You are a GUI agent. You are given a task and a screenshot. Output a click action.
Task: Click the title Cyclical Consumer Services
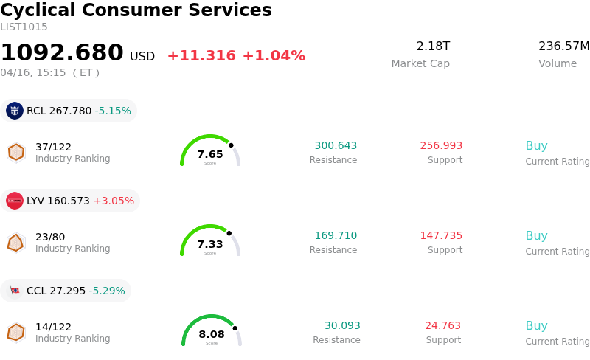point(136,10)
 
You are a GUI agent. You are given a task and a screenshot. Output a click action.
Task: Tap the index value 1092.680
point(62,53)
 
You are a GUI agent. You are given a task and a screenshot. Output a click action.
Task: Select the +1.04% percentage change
point(274,56)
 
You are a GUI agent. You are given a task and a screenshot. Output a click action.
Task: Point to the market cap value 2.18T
point(433,46)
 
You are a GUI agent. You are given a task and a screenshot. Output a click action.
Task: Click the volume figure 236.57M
point(563,46)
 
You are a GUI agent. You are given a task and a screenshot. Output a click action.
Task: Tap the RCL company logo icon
point(15,111)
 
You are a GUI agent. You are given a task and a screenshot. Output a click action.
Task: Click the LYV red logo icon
point(15,201)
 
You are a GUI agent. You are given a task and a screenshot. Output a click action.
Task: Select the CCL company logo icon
point(15,291)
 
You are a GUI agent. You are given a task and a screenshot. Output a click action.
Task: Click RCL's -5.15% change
point(113,111)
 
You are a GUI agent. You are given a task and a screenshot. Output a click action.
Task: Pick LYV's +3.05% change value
point(114,201)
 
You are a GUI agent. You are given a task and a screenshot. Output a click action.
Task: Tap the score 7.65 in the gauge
point(210,154)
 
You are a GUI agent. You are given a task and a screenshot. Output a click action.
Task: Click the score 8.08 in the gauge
point(212,334)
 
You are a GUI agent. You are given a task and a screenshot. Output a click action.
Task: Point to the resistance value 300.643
point(336,145)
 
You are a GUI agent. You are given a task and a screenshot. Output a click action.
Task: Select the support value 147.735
point(441,235)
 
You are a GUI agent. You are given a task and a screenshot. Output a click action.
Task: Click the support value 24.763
point(442,325)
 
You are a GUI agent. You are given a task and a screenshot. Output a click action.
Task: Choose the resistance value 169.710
point(336,235)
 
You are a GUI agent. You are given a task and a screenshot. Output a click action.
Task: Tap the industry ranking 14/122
point(53,327)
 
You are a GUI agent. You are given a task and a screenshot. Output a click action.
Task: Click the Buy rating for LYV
point(536,236)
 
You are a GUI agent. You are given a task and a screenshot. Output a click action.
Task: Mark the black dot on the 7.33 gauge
point(229,233)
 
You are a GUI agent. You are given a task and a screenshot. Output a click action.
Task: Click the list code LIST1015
point(24,27)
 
